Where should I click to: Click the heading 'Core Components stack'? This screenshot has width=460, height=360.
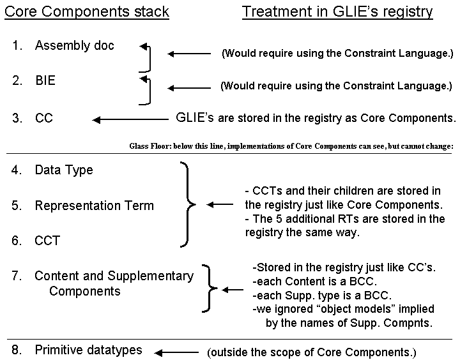87,11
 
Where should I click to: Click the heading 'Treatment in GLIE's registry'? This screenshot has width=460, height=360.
337,12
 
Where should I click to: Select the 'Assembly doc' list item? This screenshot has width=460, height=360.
75,45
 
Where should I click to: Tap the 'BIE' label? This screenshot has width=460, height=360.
45,80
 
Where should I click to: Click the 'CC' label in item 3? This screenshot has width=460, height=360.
44,118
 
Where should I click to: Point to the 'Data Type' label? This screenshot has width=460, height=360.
64,170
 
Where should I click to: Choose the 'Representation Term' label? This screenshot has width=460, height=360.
94,206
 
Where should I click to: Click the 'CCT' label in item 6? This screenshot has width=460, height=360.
47,241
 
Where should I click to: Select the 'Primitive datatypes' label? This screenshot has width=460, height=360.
88,350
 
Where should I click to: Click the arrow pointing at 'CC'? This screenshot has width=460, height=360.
130,119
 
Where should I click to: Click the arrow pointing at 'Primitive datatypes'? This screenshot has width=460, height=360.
176,353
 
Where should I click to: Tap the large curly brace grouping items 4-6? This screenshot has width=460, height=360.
188,204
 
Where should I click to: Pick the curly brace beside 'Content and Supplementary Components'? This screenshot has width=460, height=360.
210,289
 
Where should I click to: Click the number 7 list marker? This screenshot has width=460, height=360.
17,276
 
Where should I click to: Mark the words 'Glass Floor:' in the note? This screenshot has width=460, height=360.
150,146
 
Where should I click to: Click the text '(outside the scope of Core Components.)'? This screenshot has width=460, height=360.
312,352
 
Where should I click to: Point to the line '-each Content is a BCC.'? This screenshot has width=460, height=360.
314,281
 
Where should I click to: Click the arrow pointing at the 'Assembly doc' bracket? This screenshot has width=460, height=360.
189,54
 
